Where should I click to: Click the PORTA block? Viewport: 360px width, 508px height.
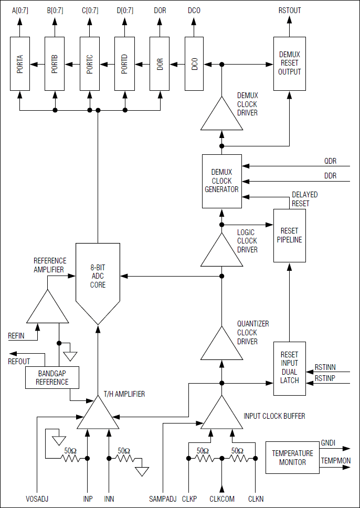[20, 64]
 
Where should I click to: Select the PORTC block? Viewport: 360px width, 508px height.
[90, 64]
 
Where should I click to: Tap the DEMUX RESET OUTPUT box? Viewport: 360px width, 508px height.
[289, 64]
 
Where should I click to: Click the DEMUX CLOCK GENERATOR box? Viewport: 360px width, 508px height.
[221, 181]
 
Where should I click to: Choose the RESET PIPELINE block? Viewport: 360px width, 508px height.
[289, 235]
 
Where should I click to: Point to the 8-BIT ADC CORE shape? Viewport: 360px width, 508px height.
[98, 281]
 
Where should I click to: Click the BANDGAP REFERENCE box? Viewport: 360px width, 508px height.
[52, 377]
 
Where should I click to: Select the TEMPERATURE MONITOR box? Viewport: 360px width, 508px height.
[292, 458]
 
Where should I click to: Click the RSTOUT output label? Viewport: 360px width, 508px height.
[290, 10]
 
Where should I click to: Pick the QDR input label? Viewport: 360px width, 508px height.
[329, 161]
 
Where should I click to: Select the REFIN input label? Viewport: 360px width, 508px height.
[16, 335]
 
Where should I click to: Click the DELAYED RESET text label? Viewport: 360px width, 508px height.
[304, 199]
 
